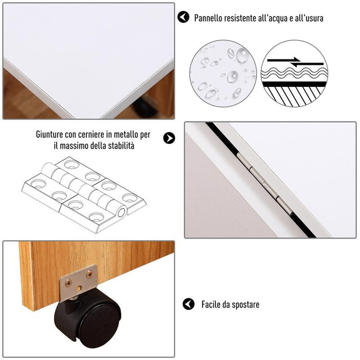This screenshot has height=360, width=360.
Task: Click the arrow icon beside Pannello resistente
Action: [x=183, y=17]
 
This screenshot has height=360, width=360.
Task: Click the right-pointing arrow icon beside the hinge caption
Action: [x=169, y=138]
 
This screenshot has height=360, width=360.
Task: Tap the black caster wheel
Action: [x=87, y=314]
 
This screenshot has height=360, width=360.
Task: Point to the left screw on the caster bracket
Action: [x=68, y=282]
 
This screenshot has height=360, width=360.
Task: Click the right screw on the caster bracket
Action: [x=89, y=274]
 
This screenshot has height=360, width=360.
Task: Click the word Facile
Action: [x=211, y=304]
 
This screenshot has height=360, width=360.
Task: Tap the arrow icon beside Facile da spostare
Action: [x=189, y=304]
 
